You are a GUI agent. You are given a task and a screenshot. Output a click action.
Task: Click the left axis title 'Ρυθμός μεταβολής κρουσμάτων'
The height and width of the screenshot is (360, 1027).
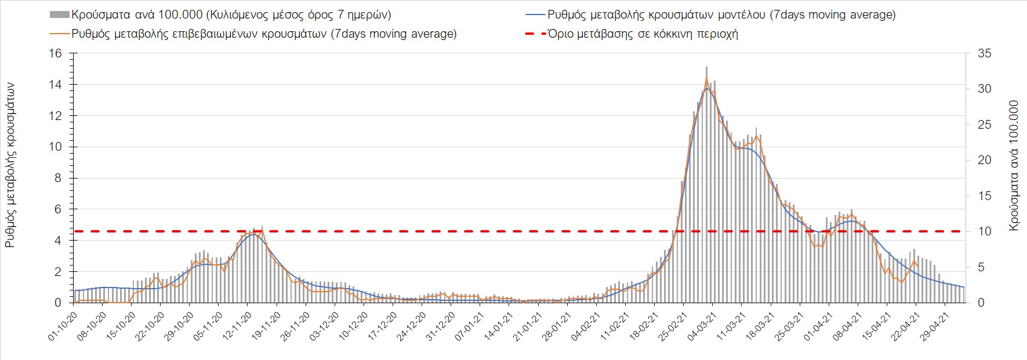pyautogui.click(x=10, y=165)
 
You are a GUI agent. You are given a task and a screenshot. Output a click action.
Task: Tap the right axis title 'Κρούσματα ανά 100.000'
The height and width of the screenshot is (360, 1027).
pyautogui.click(x=1014, y=166)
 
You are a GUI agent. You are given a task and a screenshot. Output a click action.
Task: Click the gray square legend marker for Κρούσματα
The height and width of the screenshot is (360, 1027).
pyautogui.click(x=60, y=14)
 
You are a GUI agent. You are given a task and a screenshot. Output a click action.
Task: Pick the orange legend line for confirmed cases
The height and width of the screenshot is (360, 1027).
pyautogui.click(x=60, y=34)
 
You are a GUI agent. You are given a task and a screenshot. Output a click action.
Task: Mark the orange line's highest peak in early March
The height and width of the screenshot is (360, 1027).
pyautogui.click(x=706, y=78)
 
